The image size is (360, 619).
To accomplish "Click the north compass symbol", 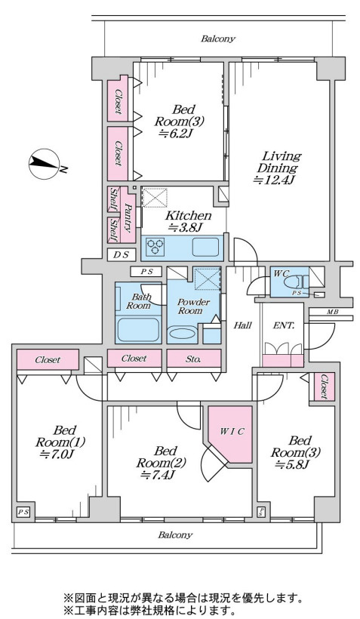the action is click(45, 164).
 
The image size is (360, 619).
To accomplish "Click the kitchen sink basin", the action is click(205, 248).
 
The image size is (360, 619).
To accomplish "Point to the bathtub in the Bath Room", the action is click(139, 329).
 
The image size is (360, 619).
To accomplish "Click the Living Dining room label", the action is click(278, 168).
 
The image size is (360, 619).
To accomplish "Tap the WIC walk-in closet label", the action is click(232, 432).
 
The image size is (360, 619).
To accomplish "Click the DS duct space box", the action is click(122, 255).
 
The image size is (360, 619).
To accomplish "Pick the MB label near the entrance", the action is click(332, 312).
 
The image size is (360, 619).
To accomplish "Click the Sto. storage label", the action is click(193, 359).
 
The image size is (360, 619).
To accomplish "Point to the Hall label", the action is click(243, 325).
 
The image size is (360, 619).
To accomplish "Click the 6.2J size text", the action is click(175, 134).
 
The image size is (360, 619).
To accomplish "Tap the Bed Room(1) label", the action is click(60, 436).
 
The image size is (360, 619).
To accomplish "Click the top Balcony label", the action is click(218, 38).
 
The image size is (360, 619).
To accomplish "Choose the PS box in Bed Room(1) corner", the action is click(23, 512).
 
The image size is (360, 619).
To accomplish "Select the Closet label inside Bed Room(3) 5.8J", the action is click(324, 386).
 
